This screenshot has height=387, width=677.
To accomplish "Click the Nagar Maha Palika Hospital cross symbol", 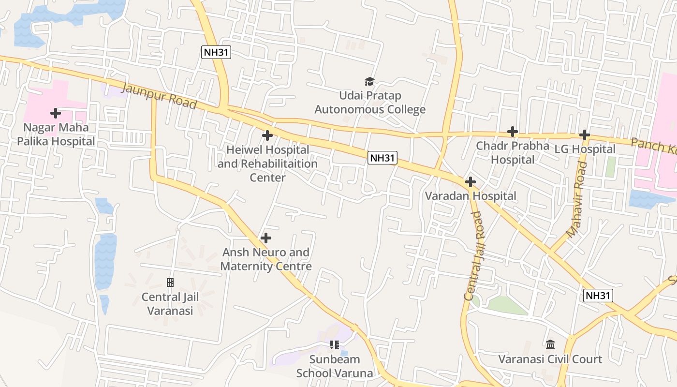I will pyautogui.click(x=56, y=113).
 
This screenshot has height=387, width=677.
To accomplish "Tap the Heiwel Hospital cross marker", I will pyautogui.click(x=267, y=135).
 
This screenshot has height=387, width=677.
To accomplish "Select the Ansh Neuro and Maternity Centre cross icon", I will pyautogui.click(x=265, y=238).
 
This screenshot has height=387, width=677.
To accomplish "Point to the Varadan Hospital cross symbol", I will pyautogui.click(x=470, y=182).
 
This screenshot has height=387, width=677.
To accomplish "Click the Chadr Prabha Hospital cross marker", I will pyautogui.click(x=513, y=132).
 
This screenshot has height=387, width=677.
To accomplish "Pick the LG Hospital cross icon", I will pyautogui.click(x=584, y=135).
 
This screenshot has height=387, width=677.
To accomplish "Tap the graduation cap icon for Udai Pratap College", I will pyautogui.click(x=370, y=82).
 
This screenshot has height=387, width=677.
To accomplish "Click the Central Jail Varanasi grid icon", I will pyautogui.click(x=170, y=283).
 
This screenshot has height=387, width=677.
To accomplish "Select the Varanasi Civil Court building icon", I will pyautogui.click(x=550, y=345).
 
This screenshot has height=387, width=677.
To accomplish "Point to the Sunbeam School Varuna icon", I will pyautogui.click(x=334, y=345).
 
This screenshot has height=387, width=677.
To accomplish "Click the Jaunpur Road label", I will pyautogui.click(x=159, y=96).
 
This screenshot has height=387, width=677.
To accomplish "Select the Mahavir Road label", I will pyautogui.click(x=576, y=199).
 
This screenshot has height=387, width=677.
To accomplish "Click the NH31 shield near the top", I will pyautogui.click(x=216, y=52).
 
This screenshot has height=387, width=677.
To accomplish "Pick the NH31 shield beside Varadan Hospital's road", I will pyautogui.click(x=383, y=158).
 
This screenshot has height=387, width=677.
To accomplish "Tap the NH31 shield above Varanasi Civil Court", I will pyautogui.click(x=598, y=296).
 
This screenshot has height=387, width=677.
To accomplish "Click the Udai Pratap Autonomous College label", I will pyautogui.click(x=370, y=103).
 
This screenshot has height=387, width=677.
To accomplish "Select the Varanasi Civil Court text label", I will pyautogui.click(x=550, y=359).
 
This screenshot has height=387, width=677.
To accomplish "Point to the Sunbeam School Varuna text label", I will pyautogui.click(x=335, y=366).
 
